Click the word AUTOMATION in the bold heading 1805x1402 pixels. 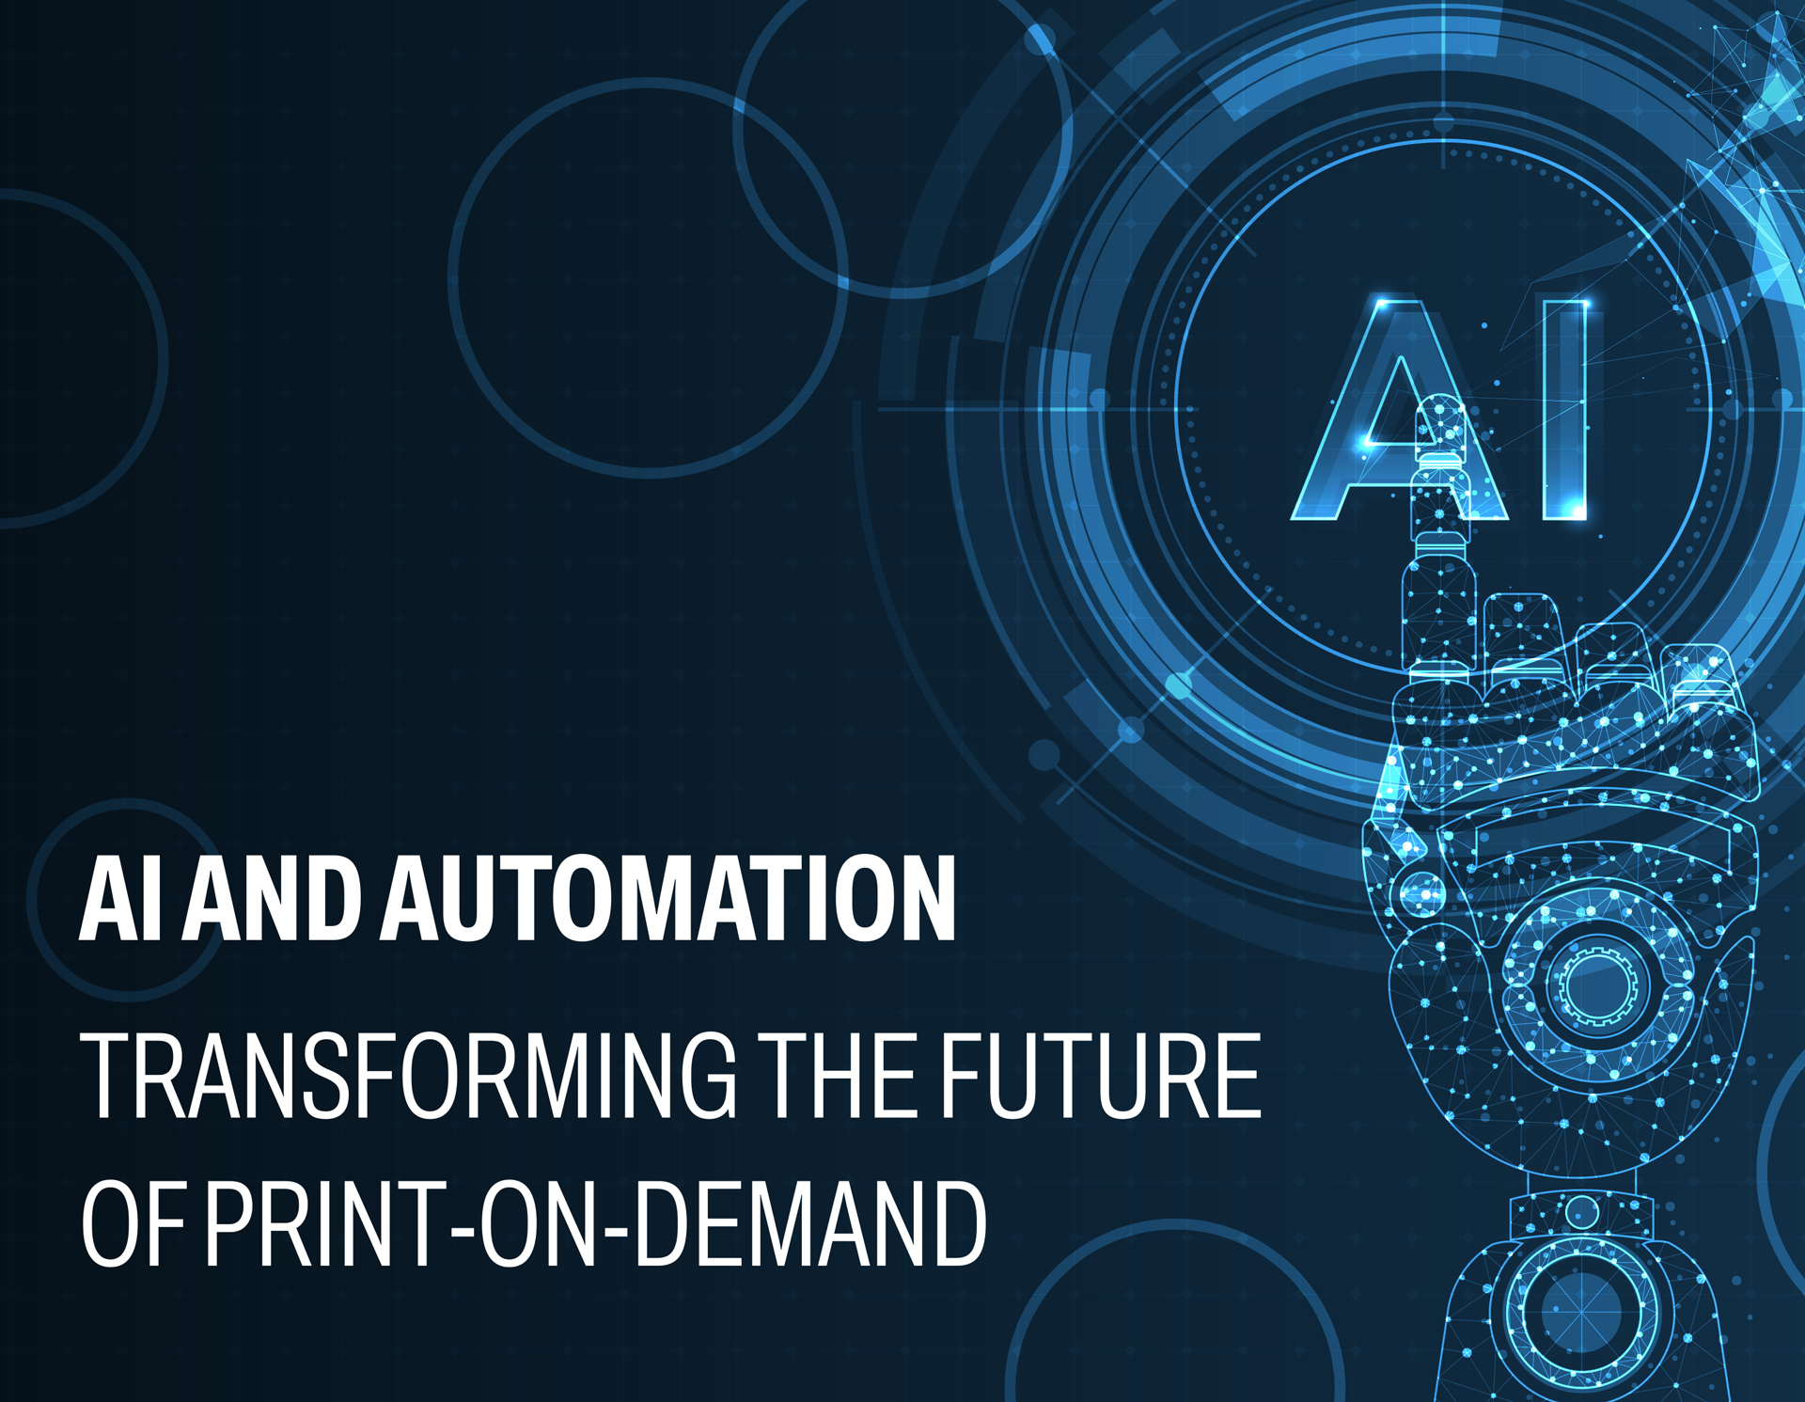pos(667,898)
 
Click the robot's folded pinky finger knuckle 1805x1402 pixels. pos(1702,677)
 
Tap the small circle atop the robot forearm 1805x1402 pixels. pos(1581,1211)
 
